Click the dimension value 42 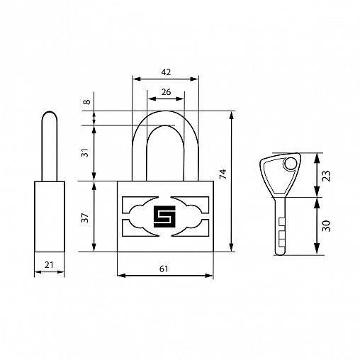click(166, 72)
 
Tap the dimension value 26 click(166, 92)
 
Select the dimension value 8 click(87, 102)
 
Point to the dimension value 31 click(86, 152)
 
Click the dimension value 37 click(85, 218)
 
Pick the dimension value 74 click(223, 174)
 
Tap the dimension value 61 click(164, 269)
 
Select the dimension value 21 click(49, 265)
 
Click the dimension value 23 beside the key click(326, 176)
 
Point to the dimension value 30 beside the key click(326, 226)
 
